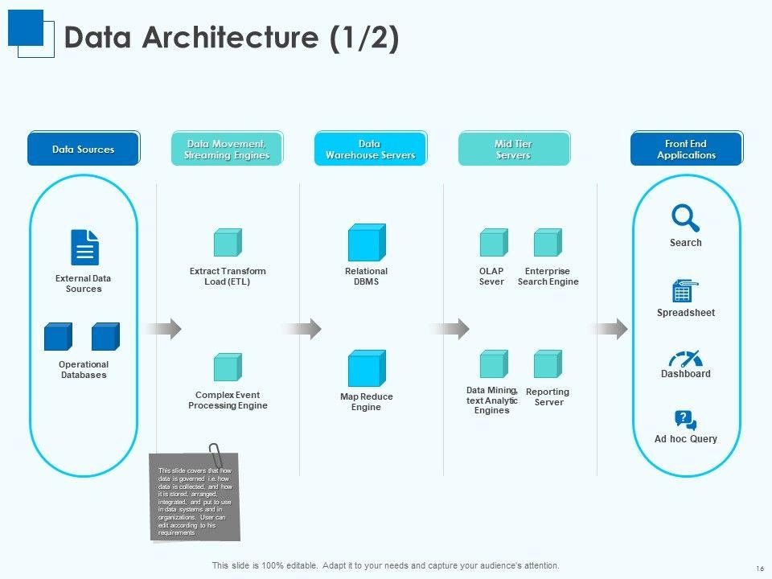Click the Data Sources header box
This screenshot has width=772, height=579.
(84, 149)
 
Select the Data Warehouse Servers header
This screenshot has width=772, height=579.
(370, 149)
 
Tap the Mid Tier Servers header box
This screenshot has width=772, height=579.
(514, 149)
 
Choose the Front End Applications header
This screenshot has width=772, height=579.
(686, 149)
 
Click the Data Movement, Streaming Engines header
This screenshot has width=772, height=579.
(226, 149)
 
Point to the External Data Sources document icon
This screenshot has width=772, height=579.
(84, 247)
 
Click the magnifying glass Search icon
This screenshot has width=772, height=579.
(685, 218)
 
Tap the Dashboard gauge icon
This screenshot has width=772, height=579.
(685, 359)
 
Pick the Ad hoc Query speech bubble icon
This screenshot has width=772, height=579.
(685, 421)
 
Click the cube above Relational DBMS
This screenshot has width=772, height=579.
(367, 242)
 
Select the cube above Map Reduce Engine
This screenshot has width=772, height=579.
(367, 368)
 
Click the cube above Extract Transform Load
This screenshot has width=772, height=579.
(228, 243)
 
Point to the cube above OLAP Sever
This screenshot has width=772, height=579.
(493, 243)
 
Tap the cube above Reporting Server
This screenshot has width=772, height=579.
(548, 364)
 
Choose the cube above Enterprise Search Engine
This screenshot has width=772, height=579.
(548, 243)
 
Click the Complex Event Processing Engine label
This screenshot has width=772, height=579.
(228, 400)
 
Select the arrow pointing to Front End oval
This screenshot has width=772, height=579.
(611, 328)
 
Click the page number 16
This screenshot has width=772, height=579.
(759, 568)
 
